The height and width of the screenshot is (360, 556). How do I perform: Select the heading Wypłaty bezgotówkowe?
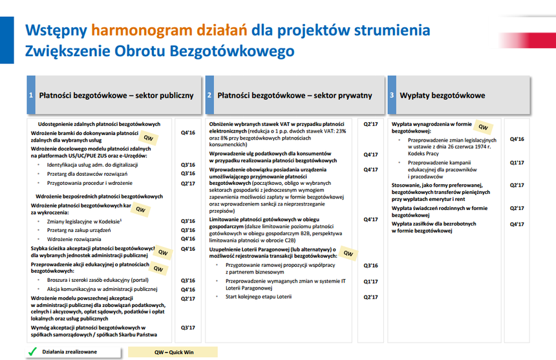[x=442, y=95]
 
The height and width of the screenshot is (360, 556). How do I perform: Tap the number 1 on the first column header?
[x=31, y=95]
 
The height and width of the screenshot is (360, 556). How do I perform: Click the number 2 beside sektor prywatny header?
[x=209, y=95]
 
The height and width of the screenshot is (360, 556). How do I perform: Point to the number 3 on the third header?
[x=392, y=95]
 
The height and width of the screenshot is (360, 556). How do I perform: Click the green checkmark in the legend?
[x=32, y=352]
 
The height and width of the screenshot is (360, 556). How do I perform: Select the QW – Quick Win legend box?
[x=173, y=352]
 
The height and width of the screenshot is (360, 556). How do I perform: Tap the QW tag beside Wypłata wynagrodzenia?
[x=483, y=127]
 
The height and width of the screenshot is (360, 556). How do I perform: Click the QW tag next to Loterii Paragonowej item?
[x=348, y=253]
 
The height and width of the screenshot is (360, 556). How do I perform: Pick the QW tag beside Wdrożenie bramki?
[x=148, y=138]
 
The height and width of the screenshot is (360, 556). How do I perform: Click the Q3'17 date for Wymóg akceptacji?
[x=188, y=328]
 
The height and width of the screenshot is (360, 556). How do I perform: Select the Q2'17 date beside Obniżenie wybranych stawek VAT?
[x=370, y=124]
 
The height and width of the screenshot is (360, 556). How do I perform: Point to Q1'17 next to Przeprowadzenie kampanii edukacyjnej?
[x=517, y=163]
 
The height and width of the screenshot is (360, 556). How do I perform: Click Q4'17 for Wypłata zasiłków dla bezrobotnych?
[x=517, y=224]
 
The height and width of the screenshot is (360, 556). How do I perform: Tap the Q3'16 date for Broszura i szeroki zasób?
[x=188, y=281]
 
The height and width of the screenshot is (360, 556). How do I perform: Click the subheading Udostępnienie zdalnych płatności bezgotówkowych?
[x=99, y=124]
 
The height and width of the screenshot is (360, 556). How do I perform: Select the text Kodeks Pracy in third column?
[x=423, y=153]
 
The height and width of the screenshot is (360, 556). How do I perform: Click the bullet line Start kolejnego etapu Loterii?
[x=259, y=297]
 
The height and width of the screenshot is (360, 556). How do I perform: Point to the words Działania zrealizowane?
[x=70, y=352]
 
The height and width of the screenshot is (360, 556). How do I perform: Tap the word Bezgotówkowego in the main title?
[x=232, y=51]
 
